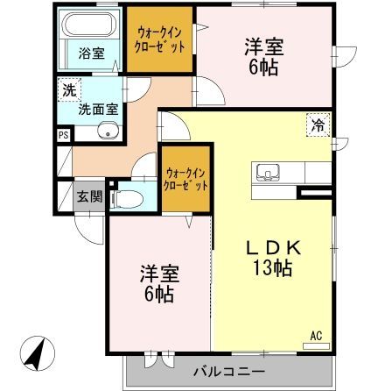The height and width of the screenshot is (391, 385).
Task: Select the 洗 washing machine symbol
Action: point(69,89)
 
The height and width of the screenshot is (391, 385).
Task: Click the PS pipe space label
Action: point(63,135)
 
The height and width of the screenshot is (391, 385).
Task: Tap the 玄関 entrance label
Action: point(86,195)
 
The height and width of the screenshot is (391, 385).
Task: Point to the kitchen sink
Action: point(268,170)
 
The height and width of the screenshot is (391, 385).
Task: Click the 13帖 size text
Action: point(272,268)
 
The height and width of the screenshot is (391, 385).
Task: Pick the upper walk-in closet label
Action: point(159,40)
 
